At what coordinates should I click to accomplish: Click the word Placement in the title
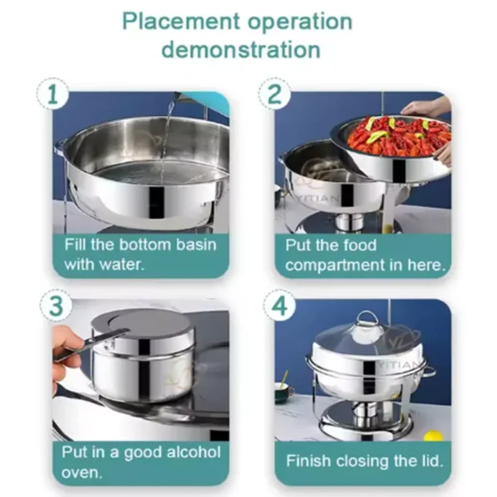[181, 22]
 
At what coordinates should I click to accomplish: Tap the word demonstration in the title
[241, 50]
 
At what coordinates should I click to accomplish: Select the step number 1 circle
[53, 94]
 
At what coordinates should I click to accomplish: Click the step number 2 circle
[274, 94]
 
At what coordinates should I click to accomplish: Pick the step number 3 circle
[55, 306]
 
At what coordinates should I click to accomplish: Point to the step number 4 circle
[280, 306]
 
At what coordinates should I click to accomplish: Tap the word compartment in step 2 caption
[335, 265]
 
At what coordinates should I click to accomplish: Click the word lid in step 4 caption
[432, 461]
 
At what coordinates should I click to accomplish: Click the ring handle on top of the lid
[367, 317]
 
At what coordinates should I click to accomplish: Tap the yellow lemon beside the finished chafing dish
[433, 436]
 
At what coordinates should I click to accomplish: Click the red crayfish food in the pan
[400, 137]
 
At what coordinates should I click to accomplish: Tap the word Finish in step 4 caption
[308, 461]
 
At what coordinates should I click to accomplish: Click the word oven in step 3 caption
[82, 473]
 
